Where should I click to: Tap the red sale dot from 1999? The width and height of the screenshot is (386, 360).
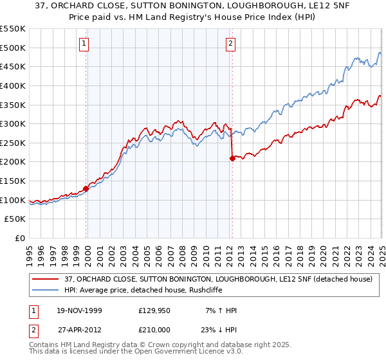86,189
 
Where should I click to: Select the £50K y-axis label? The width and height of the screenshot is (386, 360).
15,219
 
